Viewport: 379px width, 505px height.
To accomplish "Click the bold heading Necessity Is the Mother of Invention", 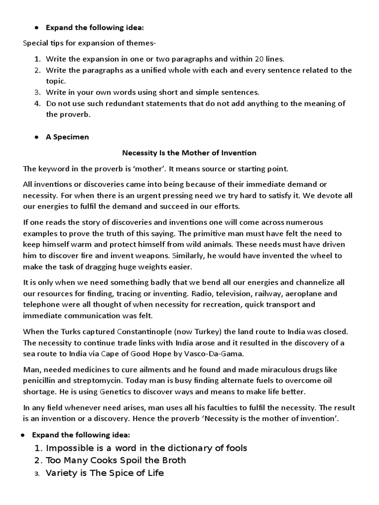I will click(189, 153).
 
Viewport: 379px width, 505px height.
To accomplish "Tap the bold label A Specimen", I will click(67, 137).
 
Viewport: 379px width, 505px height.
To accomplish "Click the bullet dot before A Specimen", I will click(37, 137).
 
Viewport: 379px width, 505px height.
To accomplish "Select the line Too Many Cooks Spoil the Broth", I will click(116, 460).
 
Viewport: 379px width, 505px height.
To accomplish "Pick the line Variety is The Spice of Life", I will click(105, 473).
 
